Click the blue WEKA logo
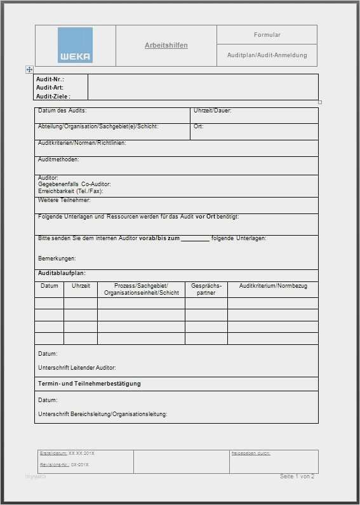click(75, 44)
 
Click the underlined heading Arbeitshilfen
click(166, 45)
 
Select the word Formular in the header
click(267, 35)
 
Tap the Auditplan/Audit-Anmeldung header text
click(267, 55)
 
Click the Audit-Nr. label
click(50, 79)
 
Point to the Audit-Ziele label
click(53, 97)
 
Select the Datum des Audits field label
click(62, 111)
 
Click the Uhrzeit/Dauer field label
click(213, 111)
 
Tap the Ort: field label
click(198, 126)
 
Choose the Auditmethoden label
click(58, 159)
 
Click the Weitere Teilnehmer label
click(64, 200)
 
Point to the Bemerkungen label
click(57, 259)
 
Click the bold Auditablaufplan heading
click(62, 273)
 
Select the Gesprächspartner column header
click(206, 290)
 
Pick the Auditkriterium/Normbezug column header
click(273, 286)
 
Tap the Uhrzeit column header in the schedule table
click(81, 286)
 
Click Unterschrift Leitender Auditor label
click(77, 368)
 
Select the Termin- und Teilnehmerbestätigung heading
click(90, 384)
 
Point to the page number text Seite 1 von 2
click(297, 476)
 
